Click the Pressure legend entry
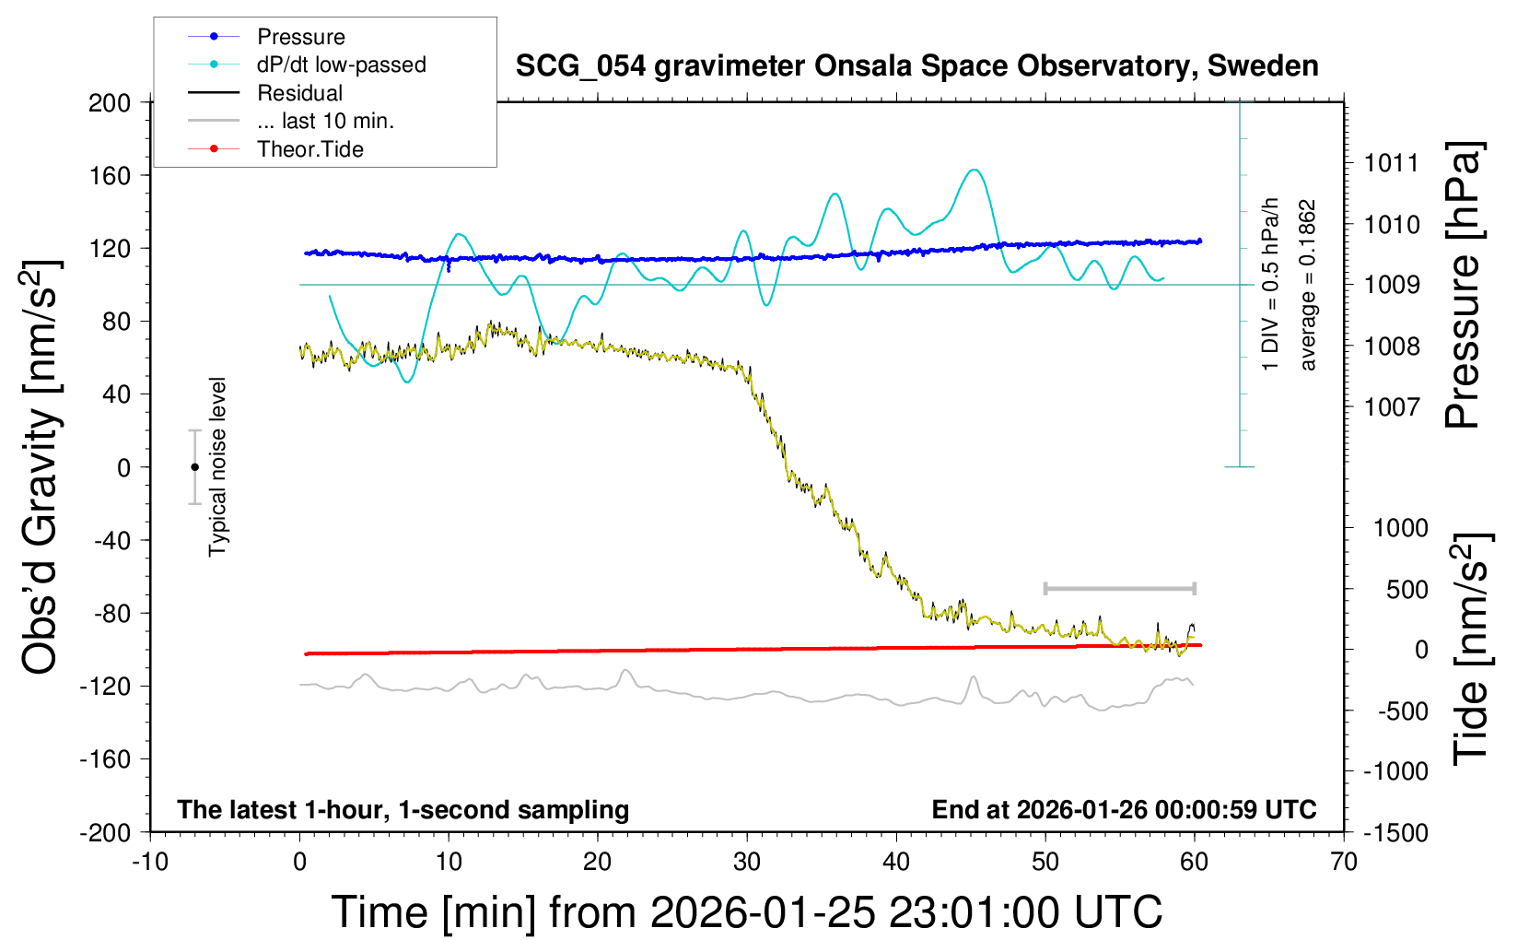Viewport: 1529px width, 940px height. [x=300, y=37]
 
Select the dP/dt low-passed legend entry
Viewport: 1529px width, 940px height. [x=341, y=65]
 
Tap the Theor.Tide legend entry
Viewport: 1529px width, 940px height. [x=309, y=149]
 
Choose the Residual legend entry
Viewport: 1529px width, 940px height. [x=299, y=93]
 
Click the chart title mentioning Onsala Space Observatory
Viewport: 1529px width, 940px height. [x=916, y=66]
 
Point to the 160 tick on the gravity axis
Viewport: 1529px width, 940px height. [x=110, y=175]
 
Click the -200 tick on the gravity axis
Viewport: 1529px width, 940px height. [x=106, y=832]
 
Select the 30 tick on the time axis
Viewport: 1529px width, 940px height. [x=747, y=863]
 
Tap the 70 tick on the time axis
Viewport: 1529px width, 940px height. [x=1344, y=863]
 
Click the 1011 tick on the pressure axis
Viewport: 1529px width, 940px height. [x=1392, y=163]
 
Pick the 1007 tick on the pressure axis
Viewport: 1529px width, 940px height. [x=1392, y=406]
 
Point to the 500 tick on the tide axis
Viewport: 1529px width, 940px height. [x=1406, y=589]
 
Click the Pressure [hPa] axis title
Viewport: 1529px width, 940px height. [x=1462, y=286]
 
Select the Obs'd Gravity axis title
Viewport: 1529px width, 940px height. [x=41, y=467]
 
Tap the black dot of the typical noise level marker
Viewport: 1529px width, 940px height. [x=194, y=467]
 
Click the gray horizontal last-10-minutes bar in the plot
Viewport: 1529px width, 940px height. [x=1119, y=588]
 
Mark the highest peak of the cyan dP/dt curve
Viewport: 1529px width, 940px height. [x=974, y=170]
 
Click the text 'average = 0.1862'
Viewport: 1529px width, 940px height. [x=1308, y=286]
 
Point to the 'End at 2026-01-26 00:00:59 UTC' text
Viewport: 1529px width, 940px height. [x=1124, y=809]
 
